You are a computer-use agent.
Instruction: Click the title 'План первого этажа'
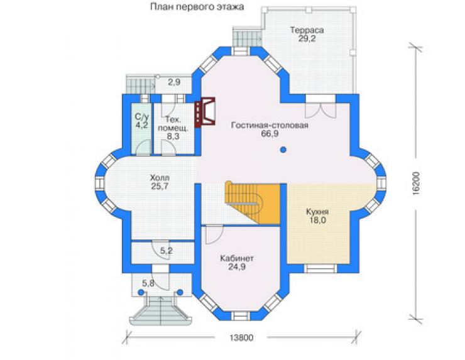pos(197,7)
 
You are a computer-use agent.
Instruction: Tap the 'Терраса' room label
pos(307,30)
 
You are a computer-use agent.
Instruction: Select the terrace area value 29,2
pos(307,38)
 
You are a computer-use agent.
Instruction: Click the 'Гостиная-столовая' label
pos(270,125)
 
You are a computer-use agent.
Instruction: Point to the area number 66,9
pos(270,134)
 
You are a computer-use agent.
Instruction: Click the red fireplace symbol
pos(205,112)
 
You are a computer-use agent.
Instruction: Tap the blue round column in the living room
pos(283,150)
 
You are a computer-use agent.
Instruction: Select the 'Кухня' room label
pos(317,212)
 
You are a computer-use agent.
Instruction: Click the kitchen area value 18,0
pos(317,221)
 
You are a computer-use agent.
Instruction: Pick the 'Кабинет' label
pos(237,258)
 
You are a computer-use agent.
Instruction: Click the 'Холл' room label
pos(160,178)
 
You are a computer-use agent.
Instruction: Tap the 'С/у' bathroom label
pos(141,116)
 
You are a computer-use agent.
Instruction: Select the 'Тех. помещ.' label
pos(173,124)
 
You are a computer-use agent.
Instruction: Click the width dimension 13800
pos(241,337)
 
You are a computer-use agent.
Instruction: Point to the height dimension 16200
pos(416,183)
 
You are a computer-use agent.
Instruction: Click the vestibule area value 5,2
pos(167,251)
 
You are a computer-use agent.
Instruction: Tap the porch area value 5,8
pos(148,283)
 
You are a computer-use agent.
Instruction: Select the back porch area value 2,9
pos(174,82)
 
